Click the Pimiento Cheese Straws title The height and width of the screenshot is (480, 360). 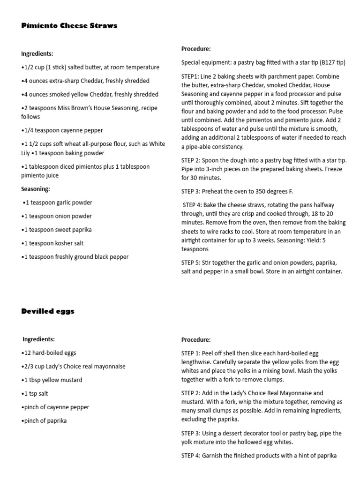coord(69,26)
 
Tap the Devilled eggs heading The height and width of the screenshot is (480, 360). coord(48,311)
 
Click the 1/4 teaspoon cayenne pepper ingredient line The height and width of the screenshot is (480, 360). coord(62,130)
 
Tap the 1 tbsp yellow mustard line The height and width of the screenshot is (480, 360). coord(52,380)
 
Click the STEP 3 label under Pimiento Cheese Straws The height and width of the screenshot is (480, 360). coord(192,191)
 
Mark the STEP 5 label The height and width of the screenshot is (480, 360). coord(192,262)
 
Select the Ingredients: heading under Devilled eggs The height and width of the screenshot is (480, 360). coord(39,339)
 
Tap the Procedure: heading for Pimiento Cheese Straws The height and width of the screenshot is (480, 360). coord(196,49)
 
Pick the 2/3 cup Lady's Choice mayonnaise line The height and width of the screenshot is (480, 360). coord(74,366)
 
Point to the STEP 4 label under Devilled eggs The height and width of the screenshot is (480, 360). coord(192,455)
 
